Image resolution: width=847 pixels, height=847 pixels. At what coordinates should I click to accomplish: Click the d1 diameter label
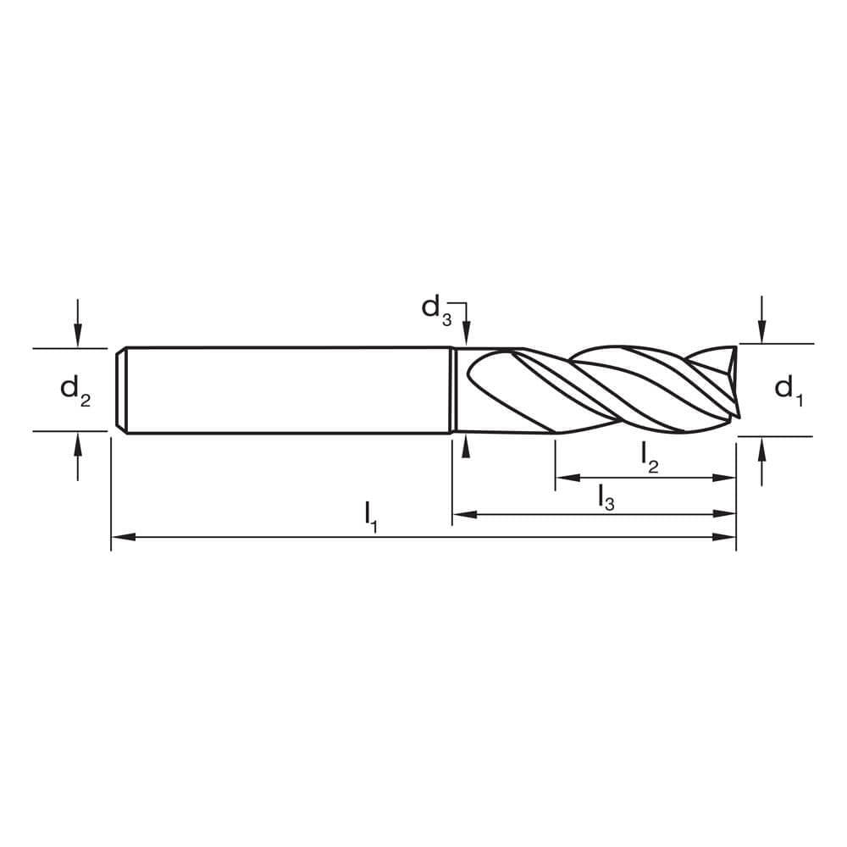(787, 390)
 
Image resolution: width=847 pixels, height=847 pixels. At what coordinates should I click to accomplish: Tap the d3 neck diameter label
(436, 307)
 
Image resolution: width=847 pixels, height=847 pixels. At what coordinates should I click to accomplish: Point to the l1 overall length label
(370, 516)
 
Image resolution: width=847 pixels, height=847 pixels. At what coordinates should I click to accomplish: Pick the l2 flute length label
(650, 458)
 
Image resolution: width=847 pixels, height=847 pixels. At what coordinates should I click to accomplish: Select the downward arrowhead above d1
(762, 335)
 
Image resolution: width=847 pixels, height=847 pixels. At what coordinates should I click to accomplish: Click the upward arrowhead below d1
(762, 446)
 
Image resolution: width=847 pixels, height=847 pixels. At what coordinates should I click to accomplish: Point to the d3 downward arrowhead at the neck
(465, 338)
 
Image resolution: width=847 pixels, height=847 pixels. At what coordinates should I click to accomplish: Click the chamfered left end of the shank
(121, 390)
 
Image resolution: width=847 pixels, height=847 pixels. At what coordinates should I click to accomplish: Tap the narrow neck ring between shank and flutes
(453, 390)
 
